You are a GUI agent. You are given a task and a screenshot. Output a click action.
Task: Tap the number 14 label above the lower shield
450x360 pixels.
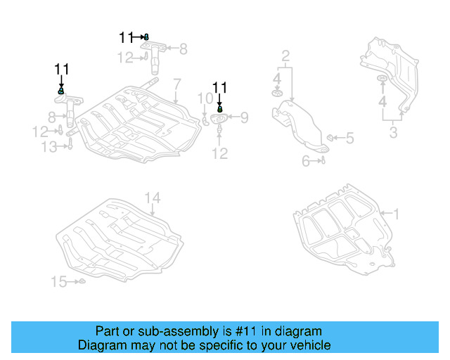[153, 198]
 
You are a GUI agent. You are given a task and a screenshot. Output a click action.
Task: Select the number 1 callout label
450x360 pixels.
[396, 212]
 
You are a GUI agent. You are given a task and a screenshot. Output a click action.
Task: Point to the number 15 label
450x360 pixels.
[59, 282]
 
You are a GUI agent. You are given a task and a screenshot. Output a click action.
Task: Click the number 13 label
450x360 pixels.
[49, 146]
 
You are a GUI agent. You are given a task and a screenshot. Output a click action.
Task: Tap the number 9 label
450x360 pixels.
[245, 117]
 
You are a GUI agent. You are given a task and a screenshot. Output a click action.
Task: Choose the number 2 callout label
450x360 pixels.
[285, 56]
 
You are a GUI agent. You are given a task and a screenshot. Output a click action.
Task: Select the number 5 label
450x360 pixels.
[349, 138]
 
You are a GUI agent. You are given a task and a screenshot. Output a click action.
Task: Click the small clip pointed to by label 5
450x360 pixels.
[330, 136]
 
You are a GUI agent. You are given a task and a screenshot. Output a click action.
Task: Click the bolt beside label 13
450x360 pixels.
[70, 146]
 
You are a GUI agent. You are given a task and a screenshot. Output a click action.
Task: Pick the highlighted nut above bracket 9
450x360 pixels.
[220, 109]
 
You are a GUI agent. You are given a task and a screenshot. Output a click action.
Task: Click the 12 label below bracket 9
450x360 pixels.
[220, 153]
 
